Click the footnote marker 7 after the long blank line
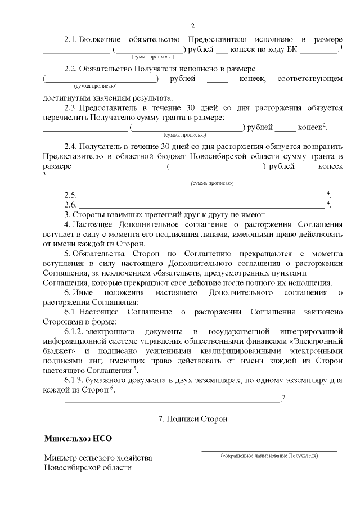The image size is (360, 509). pos(283,398)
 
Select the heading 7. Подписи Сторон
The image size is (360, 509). pos(192,419)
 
